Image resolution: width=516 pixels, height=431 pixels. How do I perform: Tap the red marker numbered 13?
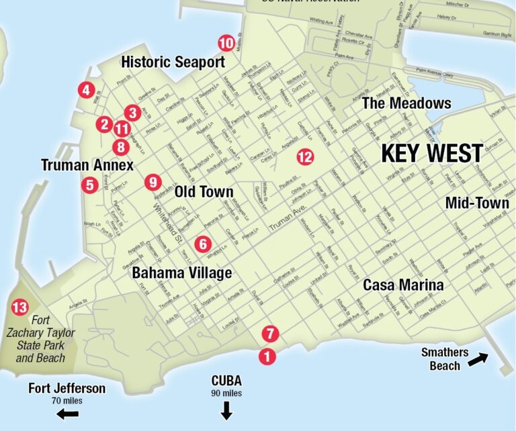20,308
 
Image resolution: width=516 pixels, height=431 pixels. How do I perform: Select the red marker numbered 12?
305,157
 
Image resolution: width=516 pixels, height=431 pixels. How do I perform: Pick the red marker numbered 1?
267,356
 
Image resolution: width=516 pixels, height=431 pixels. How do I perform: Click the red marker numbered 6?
203,244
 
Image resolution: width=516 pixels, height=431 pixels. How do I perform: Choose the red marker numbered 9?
153,181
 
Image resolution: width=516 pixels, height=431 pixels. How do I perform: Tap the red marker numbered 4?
85,90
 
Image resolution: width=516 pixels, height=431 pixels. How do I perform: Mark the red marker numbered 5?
89,185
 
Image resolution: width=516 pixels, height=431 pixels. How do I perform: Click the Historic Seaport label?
173,62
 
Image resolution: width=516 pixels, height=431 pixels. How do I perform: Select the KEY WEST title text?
432,153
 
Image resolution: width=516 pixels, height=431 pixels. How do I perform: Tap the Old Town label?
204,192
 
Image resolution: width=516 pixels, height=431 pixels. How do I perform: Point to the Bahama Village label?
181,273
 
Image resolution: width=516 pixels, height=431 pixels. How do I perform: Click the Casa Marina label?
403,285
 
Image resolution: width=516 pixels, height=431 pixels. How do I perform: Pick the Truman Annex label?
87,165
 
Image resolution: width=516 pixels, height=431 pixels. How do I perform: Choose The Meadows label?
406,103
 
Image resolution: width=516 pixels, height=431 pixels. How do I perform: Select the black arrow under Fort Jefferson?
67,414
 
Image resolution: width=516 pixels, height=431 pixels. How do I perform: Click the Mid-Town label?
477,203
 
